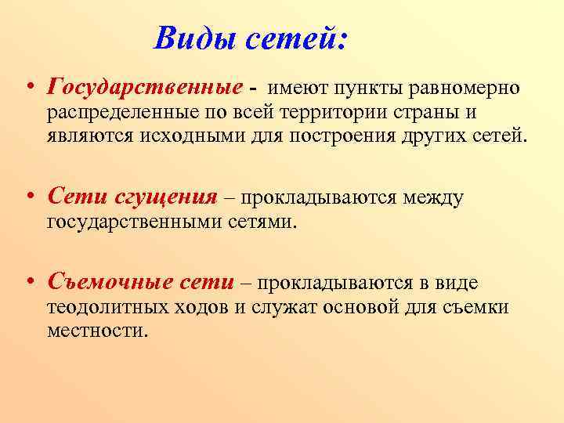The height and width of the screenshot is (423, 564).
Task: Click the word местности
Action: [96, 330]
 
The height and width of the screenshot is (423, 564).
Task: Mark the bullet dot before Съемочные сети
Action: [28, 283]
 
